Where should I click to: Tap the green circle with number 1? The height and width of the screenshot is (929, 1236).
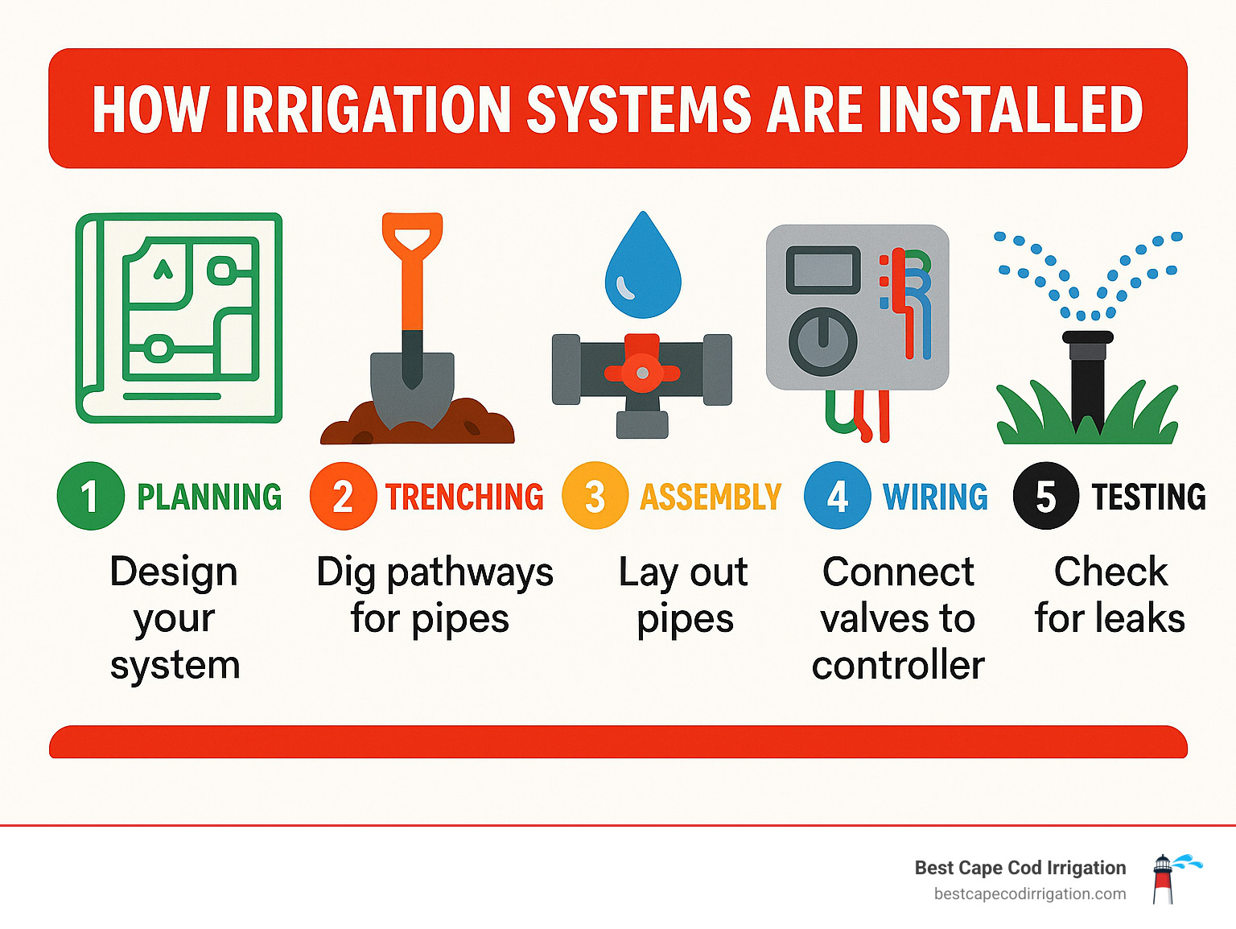(90, 496)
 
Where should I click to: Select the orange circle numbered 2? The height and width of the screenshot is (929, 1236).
(343, 496)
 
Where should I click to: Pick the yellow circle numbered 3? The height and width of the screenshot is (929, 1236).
(595, 496)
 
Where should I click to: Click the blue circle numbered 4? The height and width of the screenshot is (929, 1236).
(837, 496)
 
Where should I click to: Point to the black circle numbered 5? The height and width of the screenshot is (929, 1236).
(1045, 496)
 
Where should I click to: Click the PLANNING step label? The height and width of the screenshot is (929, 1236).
(209, 497)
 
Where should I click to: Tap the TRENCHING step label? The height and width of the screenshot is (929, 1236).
(464, 497)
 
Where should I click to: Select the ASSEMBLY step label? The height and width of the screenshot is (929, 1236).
(711, 497)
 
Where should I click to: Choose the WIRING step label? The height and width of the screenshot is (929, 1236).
(935, 497)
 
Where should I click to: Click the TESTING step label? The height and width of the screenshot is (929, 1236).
(1148, 497)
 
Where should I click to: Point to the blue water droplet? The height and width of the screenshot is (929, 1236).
(643, 270)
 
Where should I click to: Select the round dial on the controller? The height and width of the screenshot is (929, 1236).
(822, 341)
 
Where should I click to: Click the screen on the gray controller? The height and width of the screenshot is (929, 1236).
(822, 270)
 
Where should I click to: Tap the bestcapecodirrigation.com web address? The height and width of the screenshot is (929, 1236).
(1030, 894)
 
